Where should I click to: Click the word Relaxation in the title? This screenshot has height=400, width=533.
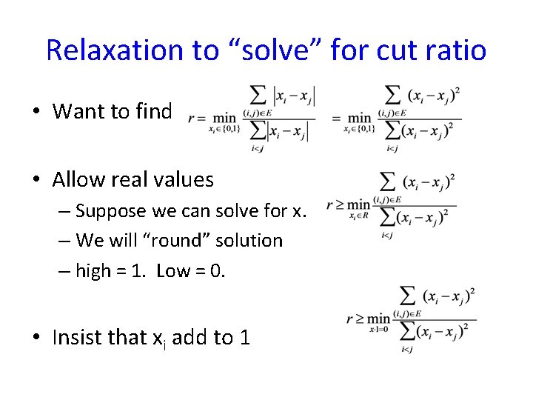(113, 50)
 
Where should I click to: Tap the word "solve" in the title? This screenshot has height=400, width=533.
(272, 50)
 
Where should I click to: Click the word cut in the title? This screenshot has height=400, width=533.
(397, 50)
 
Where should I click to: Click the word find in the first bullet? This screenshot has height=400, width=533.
(153, 111)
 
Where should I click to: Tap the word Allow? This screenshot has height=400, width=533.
(79, 179)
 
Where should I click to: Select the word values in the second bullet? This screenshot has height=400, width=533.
(181, 179)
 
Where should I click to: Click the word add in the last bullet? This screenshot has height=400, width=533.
(191, 338)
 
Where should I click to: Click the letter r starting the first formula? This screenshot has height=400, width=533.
(192, 117)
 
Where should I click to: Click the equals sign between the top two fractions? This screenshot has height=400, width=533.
(336, 117)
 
